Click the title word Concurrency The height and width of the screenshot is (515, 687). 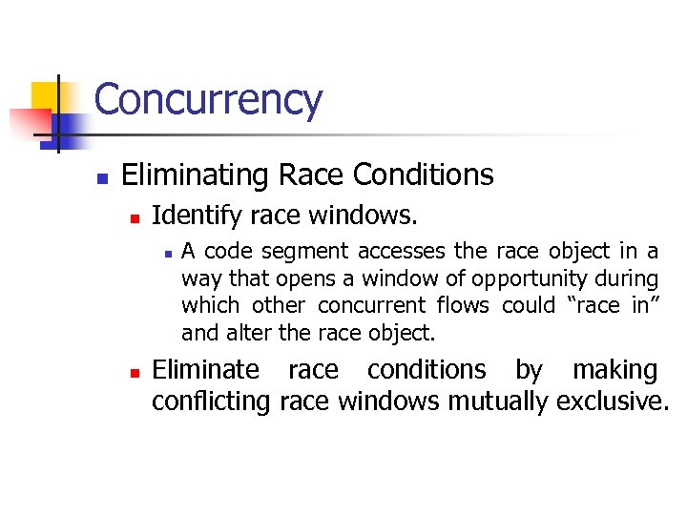[208, 100]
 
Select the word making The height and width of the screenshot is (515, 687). [615, 370]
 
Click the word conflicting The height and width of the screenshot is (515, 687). [211, 401]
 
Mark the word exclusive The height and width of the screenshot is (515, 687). [613, 401]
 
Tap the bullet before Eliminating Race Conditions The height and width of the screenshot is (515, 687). [101, 177]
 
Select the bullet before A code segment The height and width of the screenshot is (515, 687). [166, 254]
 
